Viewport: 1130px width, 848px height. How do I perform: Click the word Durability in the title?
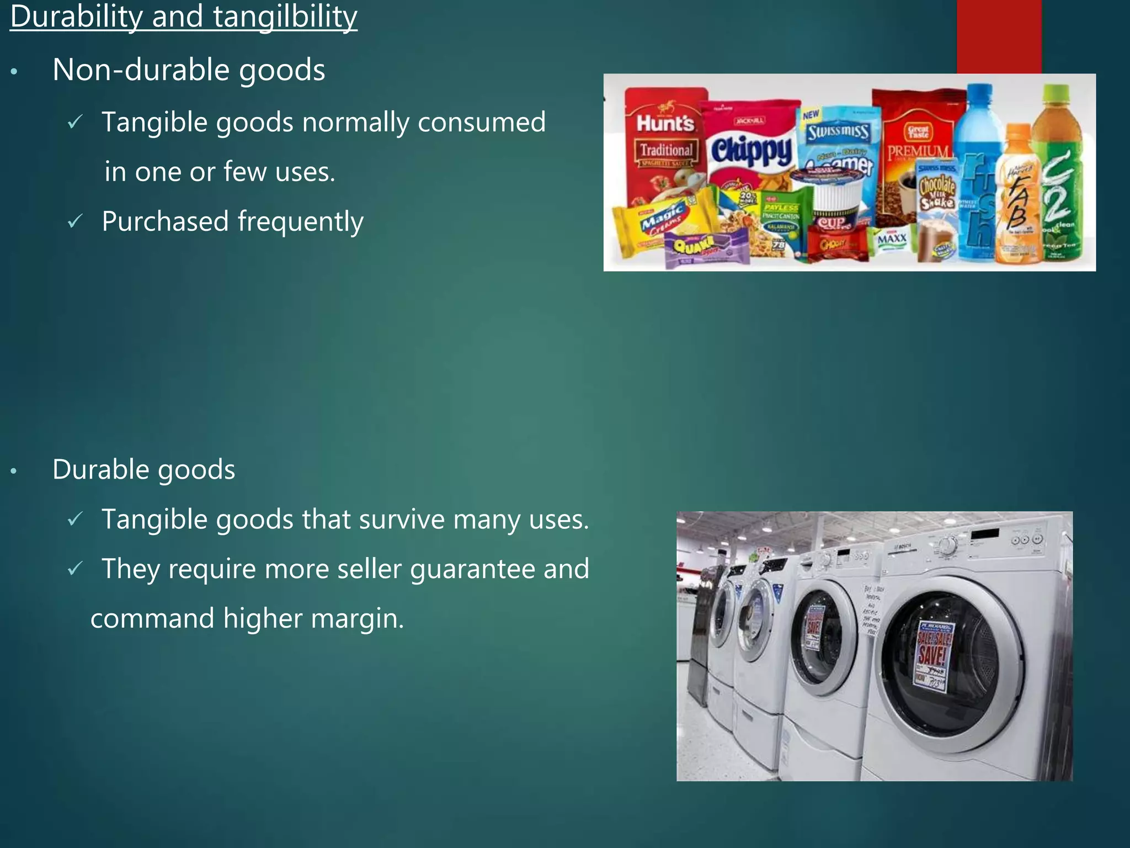76,17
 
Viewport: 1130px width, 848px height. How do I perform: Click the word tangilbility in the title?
285,17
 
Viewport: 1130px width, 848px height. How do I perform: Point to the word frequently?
301,222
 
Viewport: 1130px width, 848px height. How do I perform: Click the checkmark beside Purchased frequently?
75,221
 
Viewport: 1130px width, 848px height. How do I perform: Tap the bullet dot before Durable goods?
14,471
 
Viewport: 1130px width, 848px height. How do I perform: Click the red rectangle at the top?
999,36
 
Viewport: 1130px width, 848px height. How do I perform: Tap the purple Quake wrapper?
706,248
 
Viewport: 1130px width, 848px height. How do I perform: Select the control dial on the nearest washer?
948,546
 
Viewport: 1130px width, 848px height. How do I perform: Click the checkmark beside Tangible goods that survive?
75,519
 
